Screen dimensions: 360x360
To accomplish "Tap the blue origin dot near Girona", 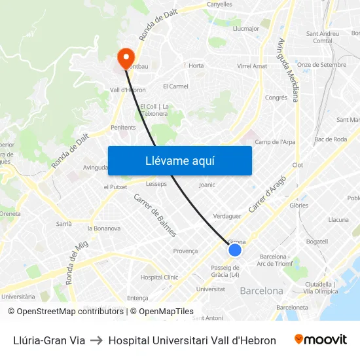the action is click(235, 250).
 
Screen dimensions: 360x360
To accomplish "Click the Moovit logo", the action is click(320, 340).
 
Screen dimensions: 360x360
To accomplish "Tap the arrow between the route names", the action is click(96, 340).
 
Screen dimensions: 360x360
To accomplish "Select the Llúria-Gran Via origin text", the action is click(49, 340).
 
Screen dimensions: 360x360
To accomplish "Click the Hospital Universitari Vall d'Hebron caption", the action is click(192, 340).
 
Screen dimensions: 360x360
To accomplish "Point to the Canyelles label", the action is click(219, 4).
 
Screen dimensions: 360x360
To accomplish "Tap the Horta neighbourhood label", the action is click(196, 65).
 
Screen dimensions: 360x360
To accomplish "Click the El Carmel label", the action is click(175, 86).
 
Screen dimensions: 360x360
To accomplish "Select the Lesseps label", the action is click(156, 184).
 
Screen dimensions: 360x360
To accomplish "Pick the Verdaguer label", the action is click(227, 216).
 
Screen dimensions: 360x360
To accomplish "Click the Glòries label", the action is click(298, 204).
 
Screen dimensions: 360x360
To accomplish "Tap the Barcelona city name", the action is click(262, 291).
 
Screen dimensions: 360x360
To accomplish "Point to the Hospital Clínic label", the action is click(159, 278).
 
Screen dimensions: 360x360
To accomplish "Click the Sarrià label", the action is click(63, 223).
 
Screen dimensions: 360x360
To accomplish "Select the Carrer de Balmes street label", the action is click(155, 215).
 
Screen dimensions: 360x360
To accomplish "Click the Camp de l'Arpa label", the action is click(274, 142).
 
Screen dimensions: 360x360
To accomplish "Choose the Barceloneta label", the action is click(292, 307).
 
